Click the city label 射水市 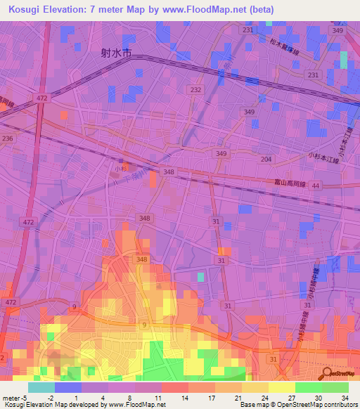click(x=117, y=52)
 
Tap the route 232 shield click(x=195, y=90)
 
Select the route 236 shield click(x=8, y=139)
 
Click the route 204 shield click(x=266, y=160)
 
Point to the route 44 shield click(x=316, y=186)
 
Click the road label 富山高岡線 click(x=288, y=183)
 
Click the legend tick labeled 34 click(x=344, y=398)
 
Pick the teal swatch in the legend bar click(x=41, y=387)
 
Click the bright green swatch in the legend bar click(x=335, y=387)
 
